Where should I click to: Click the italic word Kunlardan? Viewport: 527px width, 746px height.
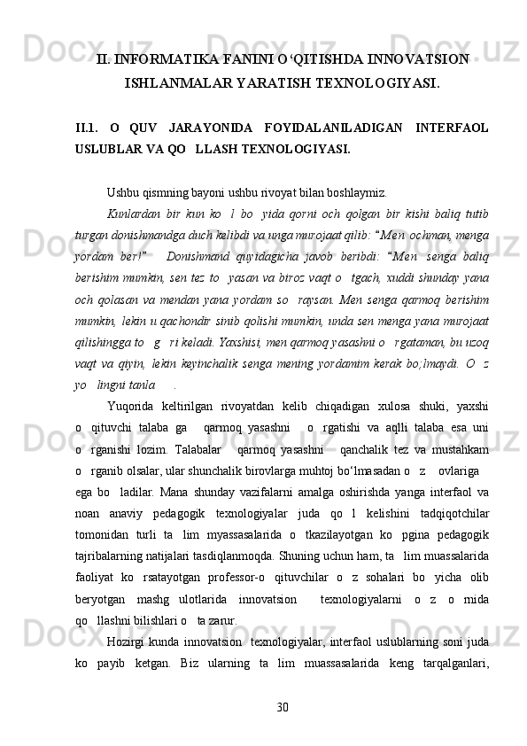pyautogui.click(x=131, y=214)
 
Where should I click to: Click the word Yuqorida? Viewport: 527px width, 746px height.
pyautogui.click(x=133, y=406)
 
